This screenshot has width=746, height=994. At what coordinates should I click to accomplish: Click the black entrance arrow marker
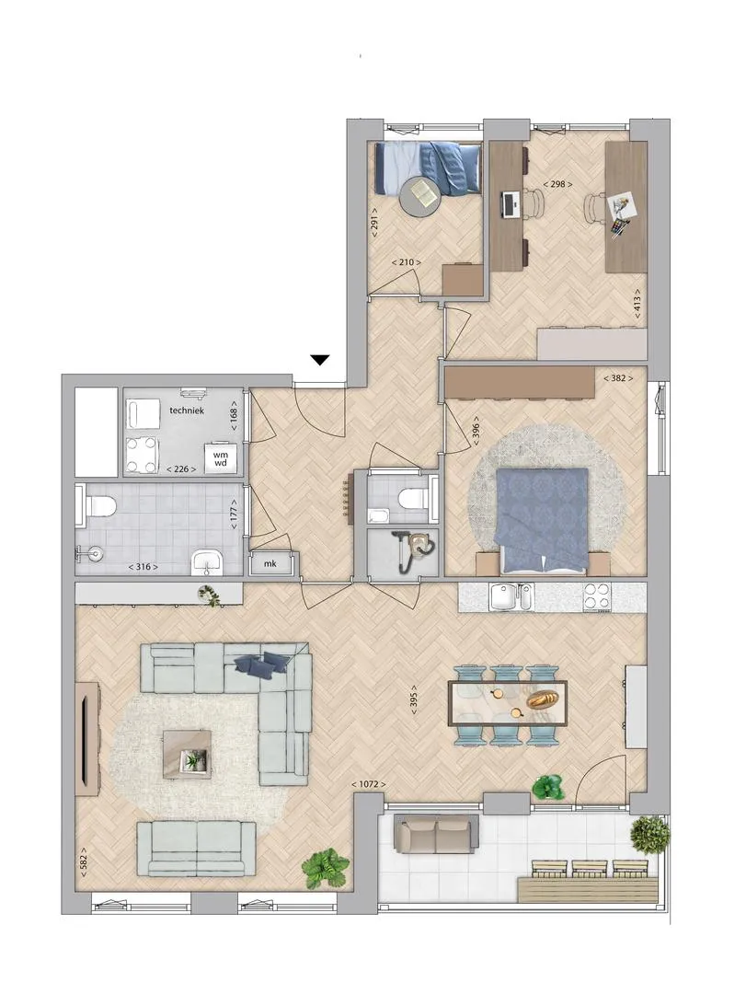point(321,360)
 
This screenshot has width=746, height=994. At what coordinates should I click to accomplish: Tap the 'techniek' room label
point(187,410)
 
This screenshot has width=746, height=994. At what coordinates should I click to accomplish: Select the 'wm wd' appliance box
point(221,458)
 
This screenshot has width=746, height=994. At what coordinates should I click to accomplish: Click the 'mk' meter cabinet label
point(270,563)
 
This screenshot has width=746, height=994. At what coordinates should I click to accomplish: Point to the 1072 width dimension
point(368,784)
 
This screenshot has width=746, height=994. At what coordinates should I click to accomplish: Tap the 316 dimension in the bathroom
point(143,567)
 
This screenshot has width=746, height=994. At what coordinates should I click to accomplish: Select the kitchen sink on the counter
point(511,596)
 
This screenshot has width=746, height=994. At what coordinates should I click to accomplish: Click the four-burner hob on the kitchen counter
point(597,596)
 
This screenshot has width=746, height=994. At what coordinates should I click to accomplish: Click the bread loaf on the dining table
point(544,699)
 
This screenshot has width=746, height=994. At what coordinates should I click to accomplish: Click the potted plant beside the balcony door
point(548,787)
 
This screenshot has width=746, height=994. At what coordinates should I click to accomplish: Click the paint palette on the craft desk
point(619,226)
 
